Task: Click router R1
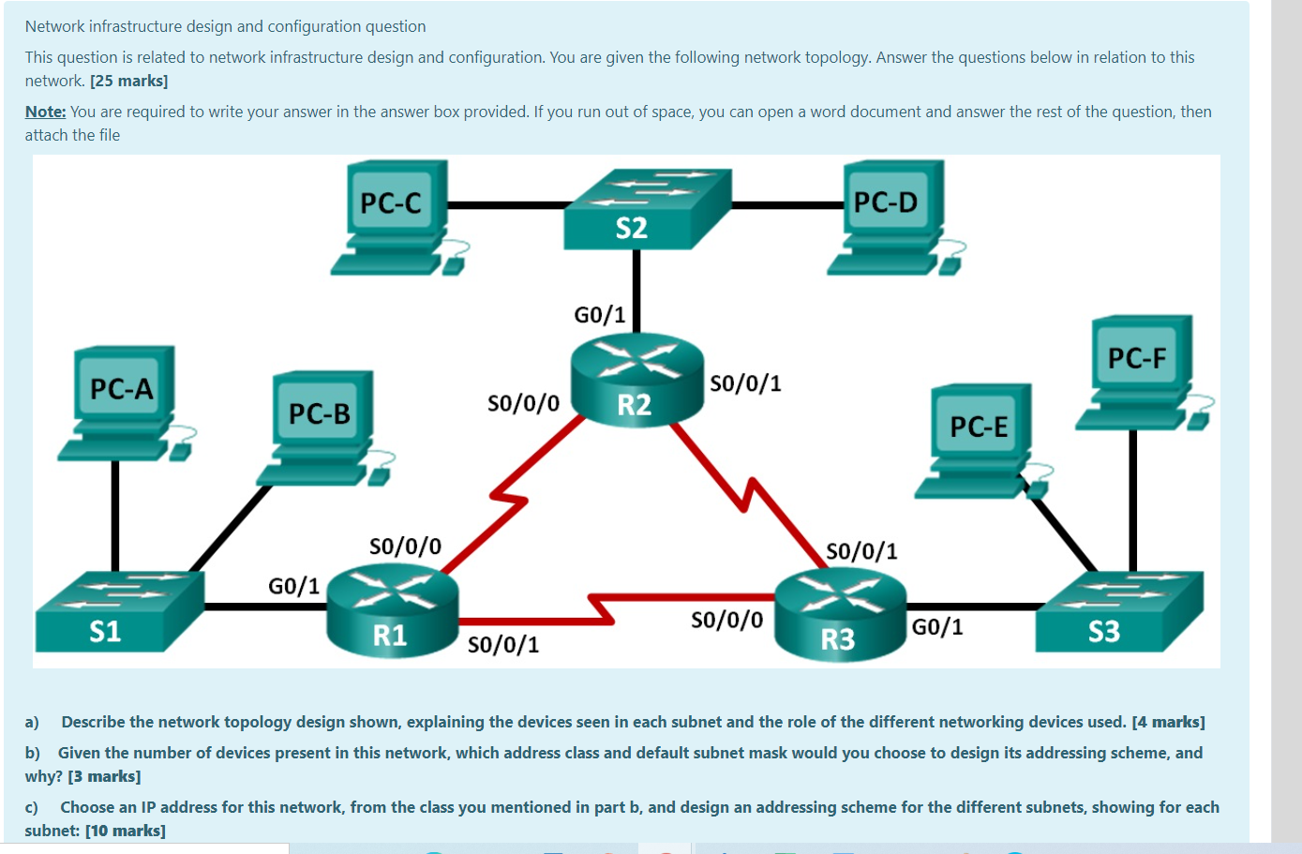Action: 392,610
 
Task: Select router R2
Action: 636,380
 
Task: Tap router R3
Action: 840,615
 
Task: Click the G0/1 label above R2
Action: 600,315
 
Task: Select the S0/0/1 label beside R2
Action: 745,383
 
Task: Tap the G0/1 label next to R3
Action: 937,627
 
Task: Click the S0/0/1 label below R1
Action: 503,645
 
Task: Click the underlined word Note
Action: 45,112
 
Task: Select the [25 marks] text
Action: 129,82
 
